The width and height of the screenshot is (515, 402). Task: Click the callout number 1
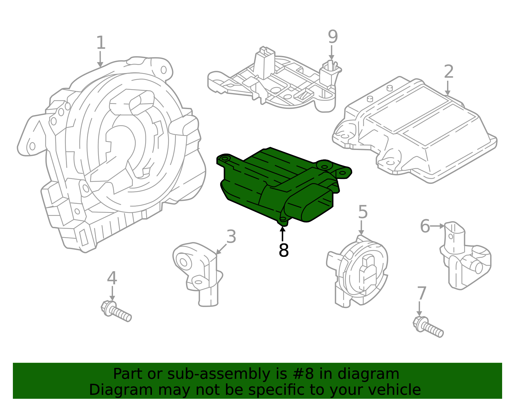point(101,42)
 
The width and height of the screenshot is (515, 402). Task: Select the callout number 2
point(449,71)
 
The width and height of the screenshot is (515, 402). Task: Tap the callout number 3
point(231,237)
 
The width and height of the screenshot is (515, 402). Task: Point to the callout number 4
point(112,278)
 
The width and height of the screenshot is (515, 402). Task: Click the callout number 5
point(363,212)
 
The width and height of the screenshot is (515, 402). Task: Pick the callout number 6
point(425,226)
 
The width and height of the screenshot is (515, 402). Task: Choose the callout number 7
point(422,293)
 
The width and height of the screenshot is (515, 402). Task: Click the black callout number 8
point(284,250)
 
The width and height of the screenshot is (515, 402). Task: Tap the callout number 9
point(333,36)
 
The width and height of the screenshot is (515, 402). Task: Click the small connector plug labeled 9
point(330,73)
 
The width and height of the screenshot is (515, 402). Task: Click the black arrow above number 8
point(282,234)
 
